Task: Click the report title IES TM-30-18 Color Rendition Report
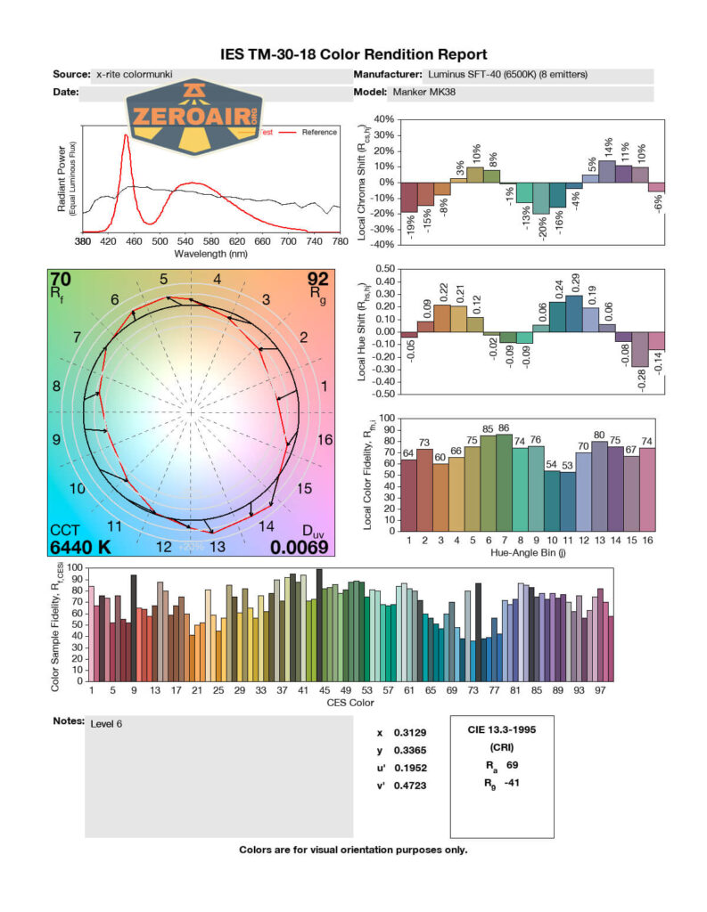click(353, 55)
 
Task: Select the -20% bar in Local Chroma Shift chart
click(540, 198)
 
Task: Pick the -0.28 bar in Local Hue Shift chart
click(639, 349)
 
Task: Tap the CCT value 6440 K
click(80, 547)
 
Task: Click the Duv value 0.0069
click(300, 547)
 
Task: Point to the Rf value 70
click(62, 279)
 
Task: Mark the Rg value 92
click(317, 279)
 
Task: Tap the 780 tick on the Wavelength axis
click(339, 241)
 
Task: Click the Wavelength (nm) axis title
click(210, 253)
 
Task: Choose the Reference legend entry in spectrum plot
click(318, 132)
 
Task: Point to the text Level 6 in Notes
click(106, 724)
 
